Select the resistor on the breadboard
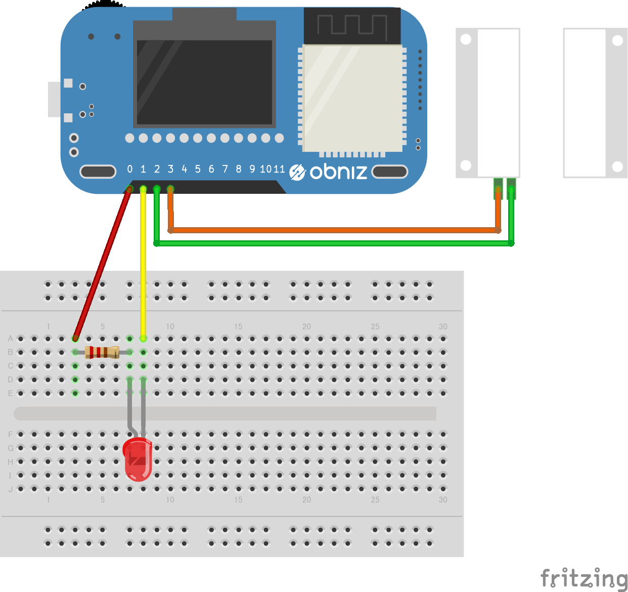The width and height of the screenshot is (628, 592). pos(102,352)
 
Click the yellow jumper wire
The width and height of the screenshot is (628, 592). pos(143,263)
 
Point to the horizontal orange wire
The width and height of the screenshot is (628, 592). pos(334,230)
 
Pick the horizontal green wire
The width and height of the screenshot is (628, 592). pos(334,243)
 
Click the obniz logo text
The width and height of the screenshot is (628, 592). pos(338,172)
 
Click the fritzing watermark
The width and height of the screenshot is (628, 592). pos(584,578)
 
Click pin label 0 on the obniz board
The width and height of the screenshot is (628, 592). pos(130,169)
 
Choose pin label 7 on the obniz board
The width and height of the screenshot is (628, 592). pos(225,169)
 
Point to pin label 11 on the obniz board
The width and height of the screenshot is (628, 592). pos(279,169)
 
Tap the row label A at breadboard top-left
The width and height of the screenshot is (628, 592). pos(10,339)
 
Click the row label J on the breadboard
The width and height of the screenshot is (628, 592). pos(10,489)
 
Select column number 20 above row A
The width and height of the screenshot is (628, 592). pos(306,326)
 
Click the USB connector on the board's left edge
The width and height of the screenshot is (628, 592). pos(55,99)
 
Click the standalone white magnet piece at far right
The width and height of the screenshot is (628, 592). pos(595,103)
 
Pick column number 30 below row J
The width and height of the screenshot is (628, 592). pos(443,499)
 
